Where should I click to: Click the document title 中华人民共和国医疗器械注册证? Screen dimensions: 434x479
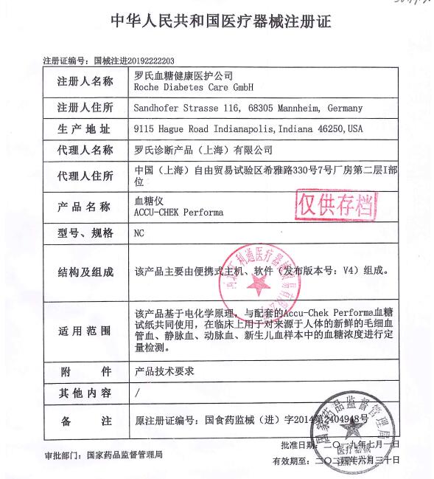(217, 21)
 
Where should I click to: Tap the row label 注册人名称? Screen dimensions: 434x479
(85, 80)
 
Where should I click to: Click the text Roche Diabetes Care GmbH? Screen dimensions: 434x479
(190, 86)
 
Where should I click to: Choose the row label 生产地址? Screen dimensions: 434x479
(85, 128)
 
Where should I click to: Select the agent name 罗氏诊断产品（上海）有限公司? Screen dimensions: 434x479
(203, 150)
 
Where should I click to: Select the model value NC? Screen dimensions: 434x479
(139, 233)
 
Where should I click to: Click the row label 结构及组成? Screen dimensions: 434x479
(85, 272)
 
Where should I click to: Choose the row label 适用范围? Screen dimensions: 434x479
(85, 329)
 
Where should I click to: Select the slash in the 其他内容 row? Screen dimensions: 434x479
(137, 393)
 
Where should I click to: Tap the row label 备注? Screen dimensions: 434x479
(85, 421)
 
